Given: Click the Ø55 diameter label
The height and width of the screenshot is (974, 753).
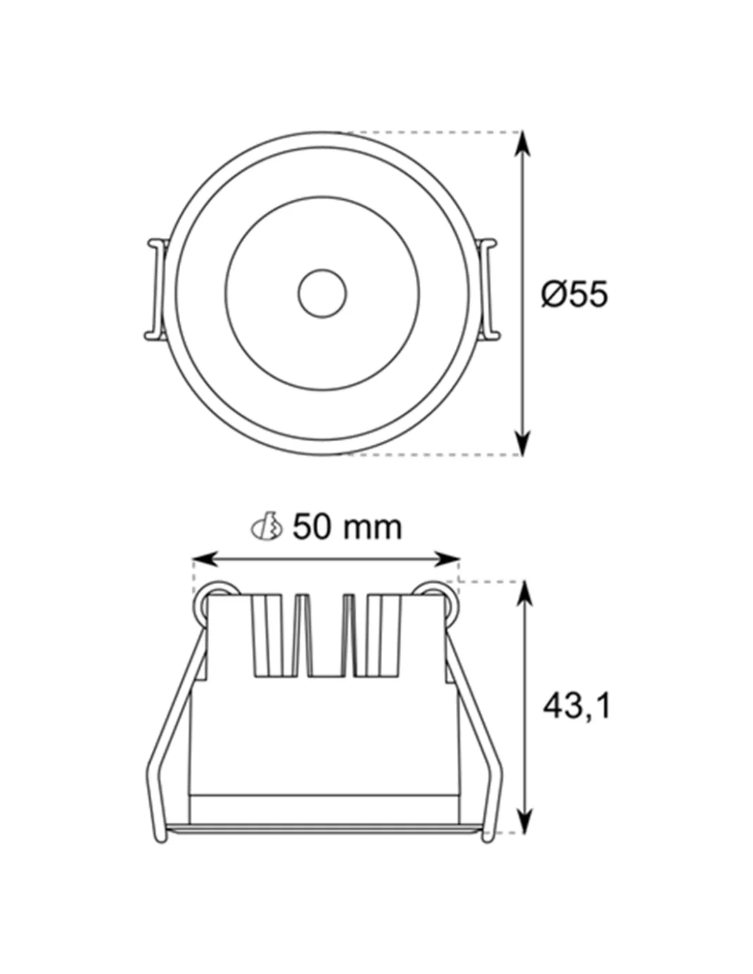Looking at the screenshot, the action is pyautogui.click(x=575, y=294).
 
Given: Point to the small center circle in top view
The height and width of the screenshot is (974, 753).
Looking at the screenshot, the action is pyautogui.click(x=322, y=294).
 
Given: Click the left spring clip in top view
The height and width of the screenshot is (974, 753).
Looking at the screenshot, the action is pyautogui.click(x=156, y=289).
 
